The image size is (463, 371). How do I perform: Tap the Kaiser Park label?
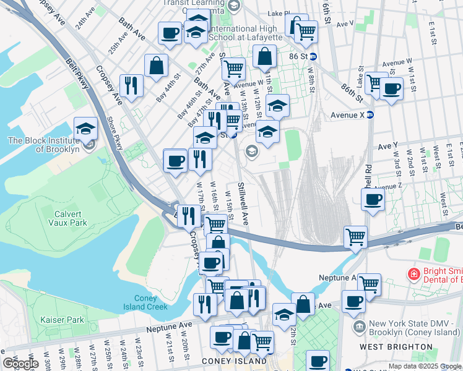(x=62, y=320)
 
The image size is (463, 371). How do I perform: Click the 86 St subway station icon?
(x=314, y=56)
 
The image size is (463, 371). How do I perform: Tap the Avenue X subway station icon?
(x=370, y=114)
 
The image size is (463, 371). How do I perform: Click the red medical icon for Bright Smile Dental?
(x=413, y=273)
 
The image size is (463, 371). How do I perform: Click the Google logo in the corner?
(x=20, y=363)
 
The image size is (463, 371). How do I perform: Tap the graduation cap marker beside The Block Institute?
(x=85, y=129)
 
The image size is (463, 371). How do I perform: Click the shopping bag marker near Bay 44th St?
(x=157, y=65)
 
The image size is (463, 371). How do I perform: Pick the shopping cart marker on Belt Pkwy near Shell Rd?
(x=355, y=237)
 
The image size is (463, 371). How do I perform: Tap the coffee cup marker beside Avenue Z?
(x=373, y=200)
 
